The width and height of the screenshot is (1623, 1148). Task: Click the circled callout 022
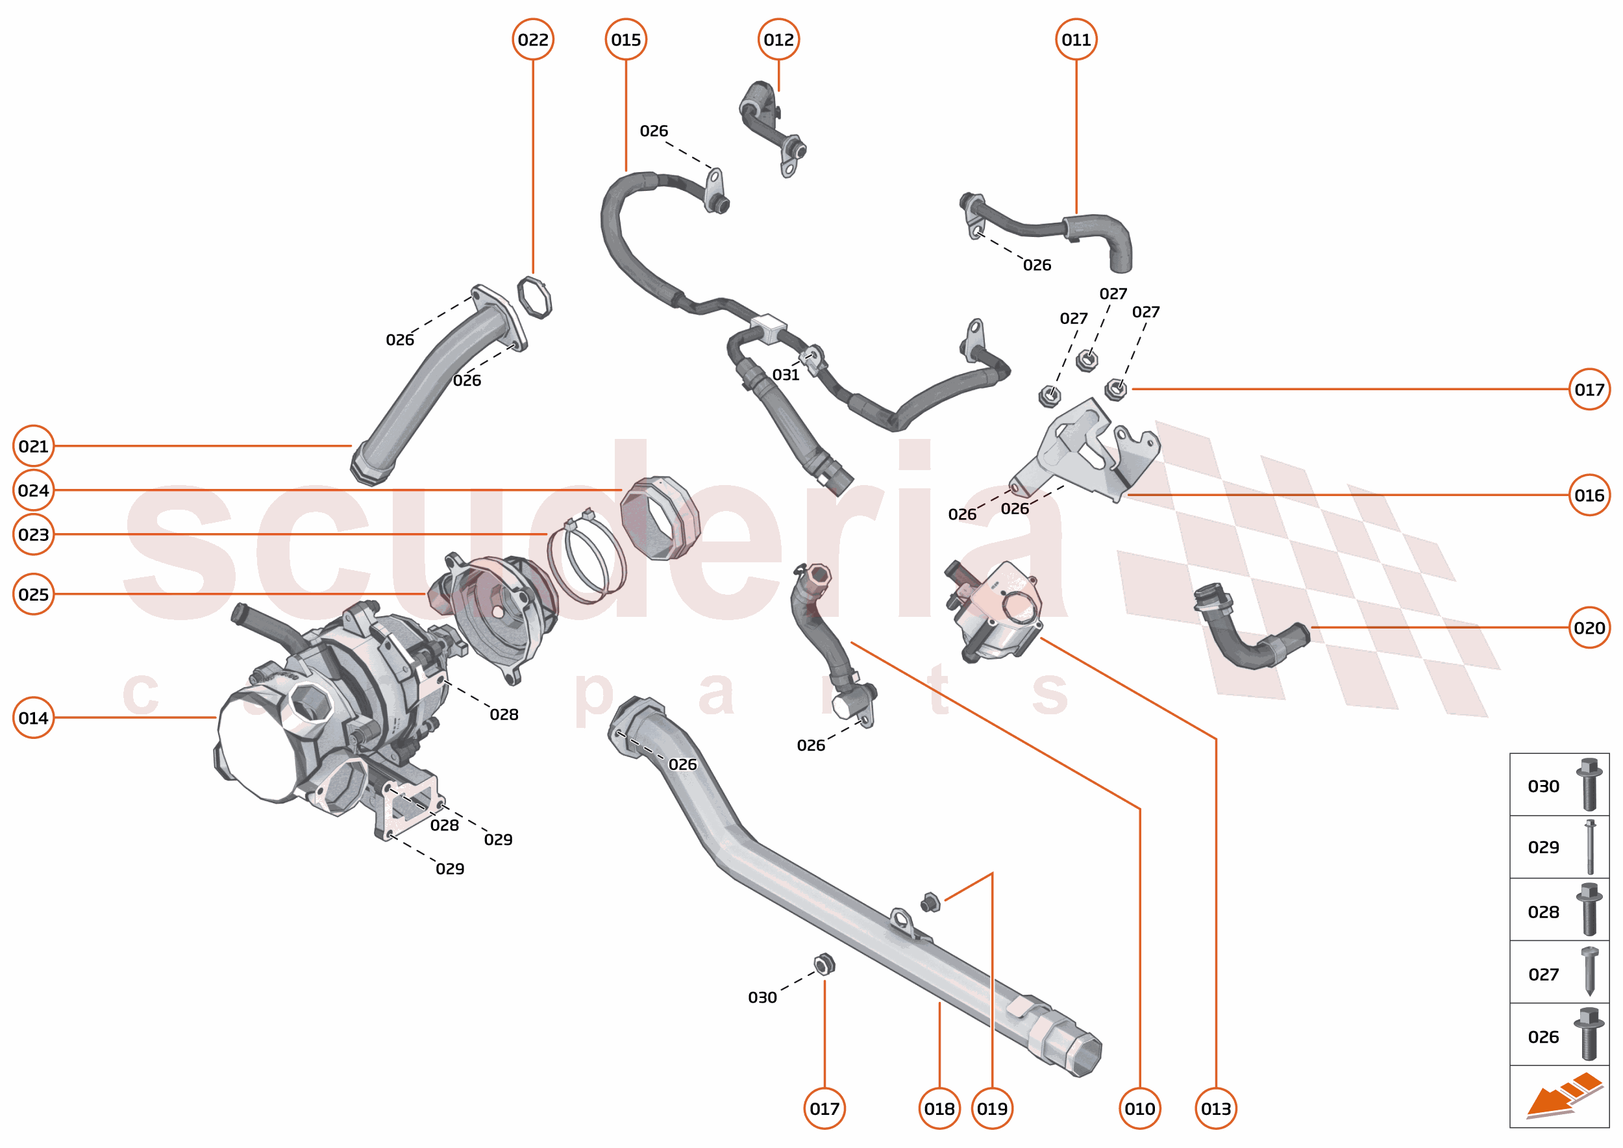click(x=532, y=40)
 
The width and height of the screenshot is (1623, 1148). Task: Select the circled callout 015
click(x=626, y=40)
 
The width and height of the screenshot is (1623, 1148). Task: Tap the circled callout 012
click(x=778, y=40)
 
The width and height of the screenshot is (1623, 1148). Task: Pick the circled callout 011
click(x=1076, y=40)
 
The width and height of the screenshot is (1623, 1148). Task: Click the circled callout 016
click(x=1589, y=495)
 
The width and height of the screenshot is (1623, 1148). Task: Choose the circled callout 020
click(x=1589, y=628)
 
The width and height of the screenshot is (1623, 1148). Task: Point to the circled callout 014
click(x=33, y=717)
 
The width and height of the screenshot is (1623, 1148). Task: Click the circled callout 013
click(x=1215, y=1108)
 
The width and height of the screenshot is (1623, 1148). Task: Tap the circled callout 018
click(x=939, y=1108)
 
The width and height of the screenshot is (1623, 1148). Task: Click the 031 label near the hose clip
click(x=786, y=375)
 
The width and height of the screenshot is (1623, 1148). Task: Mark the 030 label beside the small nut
click(x=762, y=997)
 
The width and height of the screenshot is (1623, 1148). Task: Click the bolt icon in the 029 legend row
click(x=1590, y=847)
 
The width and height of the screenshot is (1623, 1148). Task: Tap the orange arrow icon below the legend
click(x=1562, y=1097)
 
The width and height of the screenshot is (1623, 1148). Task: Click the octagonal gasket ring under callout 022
click(x=534, y=297)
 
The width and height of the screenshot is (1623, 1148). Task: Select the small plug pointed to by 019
click(x=930, y=903)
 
